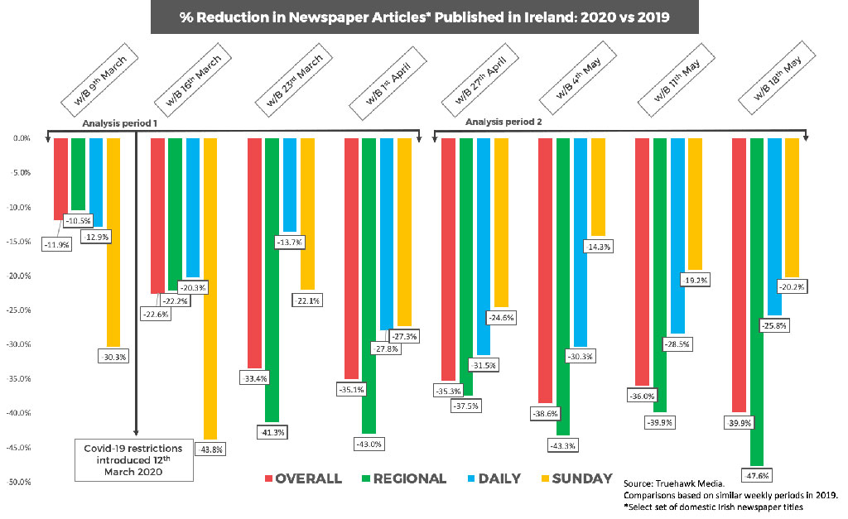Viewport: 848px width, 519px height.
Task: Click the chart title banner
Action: click(x=425, y=17)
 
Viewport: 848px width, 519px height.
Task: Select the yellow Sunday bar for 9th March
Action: click(x=113, y=240)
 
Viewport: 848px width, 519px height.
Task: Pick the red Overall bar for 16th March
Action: click(x=157, y=215)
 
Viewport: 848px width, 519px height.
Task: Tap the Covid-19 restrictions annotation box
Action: click(x=134, y=459)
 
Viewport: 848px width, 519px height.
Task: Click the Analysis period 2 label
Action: click(x=503, y=122)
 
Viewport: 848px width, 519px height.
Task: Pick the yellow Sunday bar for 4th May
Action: click(x=597, y=187)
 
